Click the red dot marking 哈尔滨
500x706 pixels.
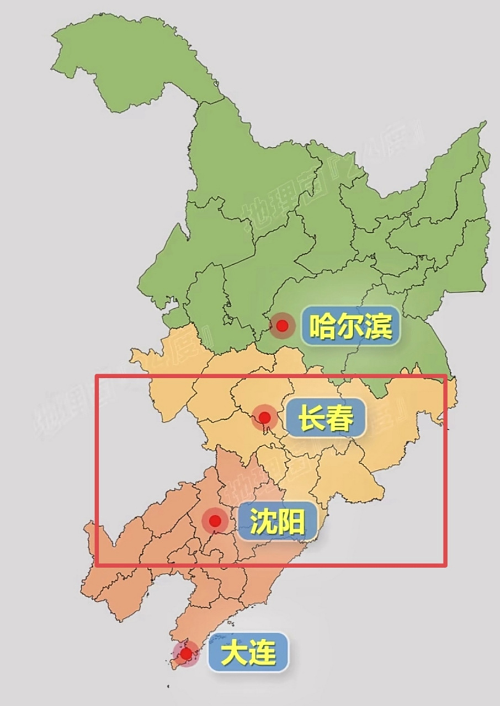pos(283,325)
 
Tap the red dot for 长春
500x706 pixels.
pos(264,417)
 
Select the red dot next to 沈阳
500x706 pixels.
pos(215,521)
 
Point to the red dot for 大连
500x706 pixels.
pos(186,654)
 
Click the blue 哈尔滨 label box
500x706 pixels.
pos(350,326)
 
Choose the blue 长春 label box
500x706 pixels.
pos(326,418)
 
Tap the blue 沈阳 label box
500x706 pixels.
pos(277,521)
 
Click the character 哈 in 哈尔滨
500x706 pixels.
pos(322,326)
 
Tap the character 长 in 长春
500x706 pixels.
pos(311,418)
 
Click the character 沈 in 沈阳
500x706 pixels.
pos(263,521)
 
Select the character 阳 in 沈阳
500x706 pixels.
pos(291,521)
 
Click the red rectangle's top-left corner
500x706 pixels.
pos(97,376)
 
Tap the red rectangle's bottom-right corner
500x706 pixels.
pos(445,565)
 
